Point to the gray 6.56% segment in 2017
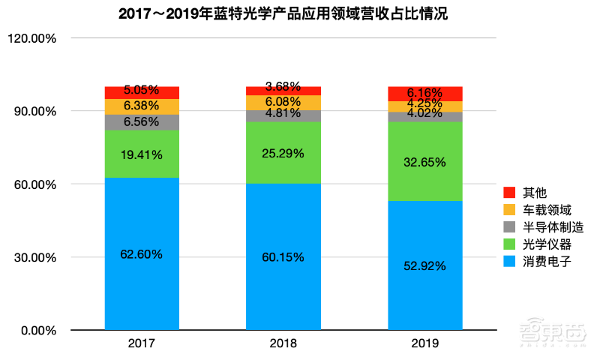pyautogui.click(x=142, y=122)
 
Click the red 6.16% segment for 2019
pyautogui.click(x=425, y=94)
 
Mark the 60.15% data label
pyautogui.click(x=283, y=257)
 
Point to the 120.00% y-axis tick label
pyautogui.click(x=34, y=38)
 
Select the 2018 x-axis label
pyautogui.click(x=283, y=343)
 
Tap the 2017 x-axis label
pyautogui.click(x=142, y=343)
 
